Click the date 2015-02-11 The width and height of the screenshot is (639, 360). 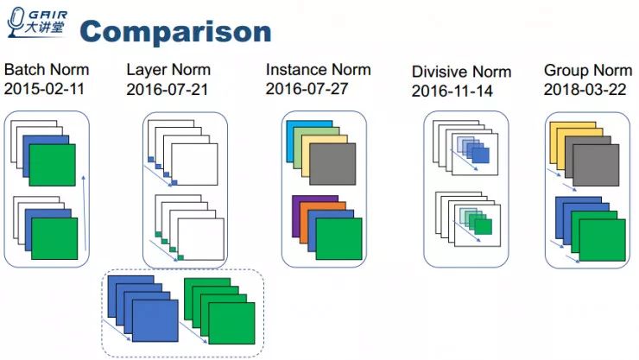point(46,88)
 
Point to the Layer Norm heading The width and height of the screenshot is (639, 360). point(168,70)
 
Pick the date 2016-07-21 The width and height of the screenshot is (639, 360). point(168,88)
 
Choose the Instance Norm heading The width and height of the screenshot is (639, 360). point(318,70)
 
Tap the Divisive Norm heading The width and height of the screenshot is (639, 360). point(461,73)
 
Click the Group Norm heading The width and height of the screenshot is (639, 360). point(587,70)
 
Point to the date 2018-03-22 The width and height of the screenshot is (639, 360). point(585,88)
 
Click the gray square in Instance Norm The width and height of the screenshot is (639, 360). point(332,164)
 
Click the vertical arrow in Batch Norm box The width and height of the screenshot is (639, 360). point(83,216)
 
